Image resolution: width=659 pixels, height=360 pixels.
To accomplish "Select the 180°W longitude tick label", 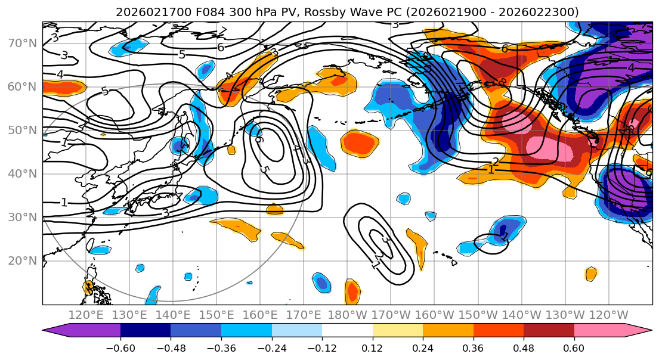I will point(348,315).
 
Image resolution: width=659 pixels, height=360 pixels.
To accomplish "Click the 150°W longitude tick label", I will point(478,315).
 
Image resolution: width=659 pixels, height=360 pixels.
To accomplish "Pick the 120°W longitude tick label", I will point(609,315).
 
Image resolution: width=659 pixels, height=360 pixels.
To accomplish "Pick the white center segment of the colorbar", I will point(347,331).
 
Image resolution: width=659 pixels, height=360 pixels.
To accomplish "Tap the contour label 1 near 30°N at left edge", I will point(64,203).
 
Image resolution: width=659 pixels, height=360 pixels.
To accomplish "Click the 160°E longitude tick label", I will point(261,315).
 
